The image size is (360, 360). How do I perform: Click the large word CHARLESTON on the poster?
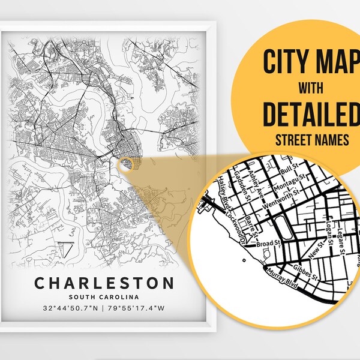(x=103, y=283)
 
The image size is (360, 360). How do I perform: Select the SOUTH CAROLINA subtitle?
(x=104, y=297)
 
